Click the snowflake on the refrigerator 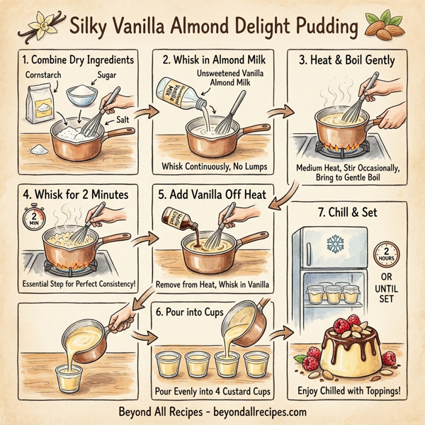334,244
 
